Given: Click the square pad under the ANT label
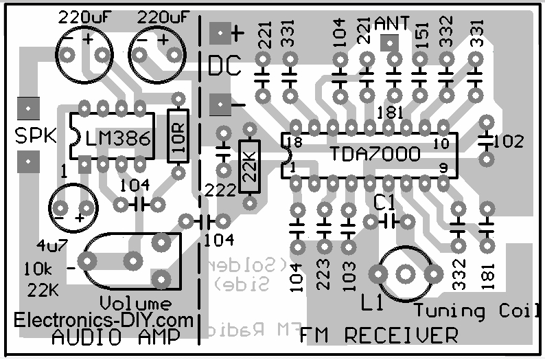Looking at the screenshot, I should tap(389, 44).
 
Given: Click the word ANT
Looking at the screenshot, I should tap(392, 24).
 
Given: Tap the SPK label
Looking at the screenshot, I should tap(34, 137).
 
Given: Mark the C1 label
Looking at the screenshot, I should tap(384, 202).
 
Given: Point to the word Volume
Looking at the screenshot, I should tap(136, 303).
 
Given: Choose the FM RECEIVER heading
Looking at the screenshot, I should tap(378, 336).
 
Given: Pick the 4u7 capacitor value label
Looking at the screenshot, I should tap(33, 245).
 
